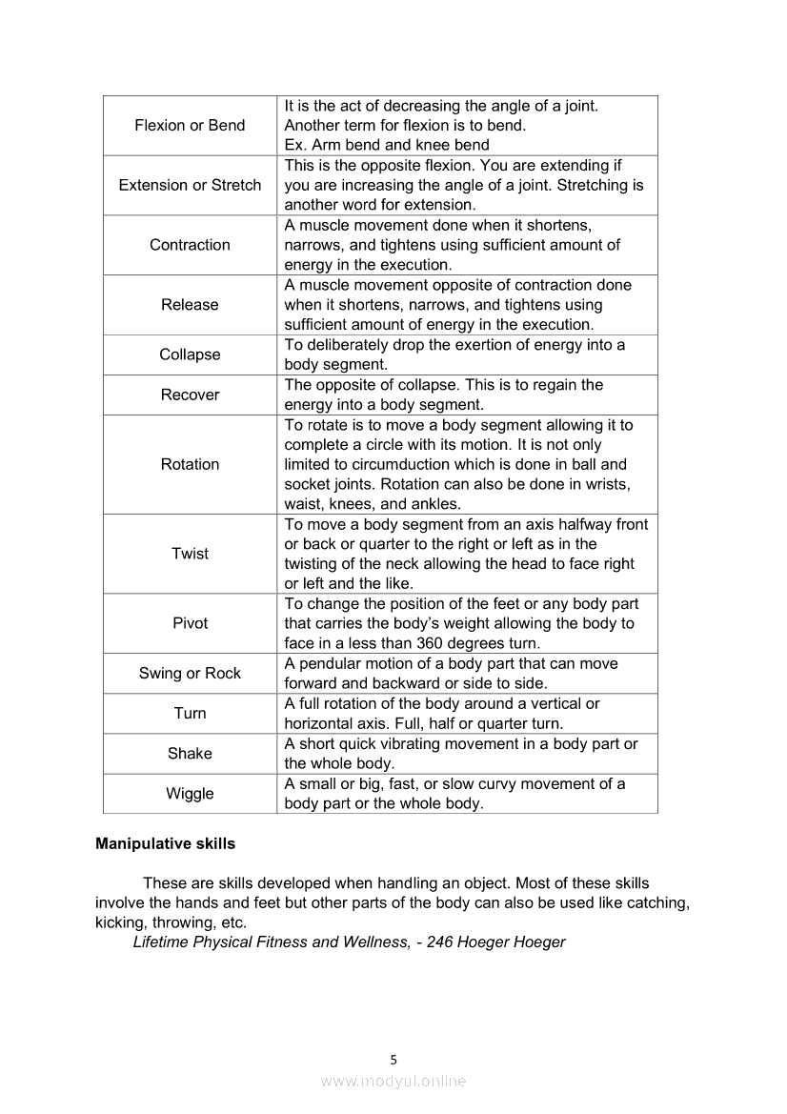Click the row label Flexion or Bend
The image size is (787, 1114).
coord(190,126)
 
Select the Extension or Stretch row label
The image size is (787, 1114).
coord(190,185)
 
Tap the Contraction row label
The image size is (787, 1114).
coord(190,245)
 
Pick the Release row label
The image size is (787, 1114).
coord(190,305)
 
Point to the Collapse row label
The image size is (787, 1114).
coord(190,354)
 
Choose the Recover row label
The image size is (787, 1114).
coord(190,395)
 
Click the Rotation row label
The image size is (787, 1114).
coord(190,464)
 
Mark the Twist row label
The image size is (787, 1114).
coord(190,554)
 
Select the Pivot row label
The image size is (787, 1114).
coord(190,623)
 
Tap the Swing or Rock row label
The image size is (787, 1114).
coord(190,673)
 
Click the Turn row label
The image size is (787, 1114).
coord(190,713)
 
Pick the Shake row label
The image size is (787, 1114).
coord(190,753)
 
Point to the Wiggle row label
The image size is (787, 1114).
coord(190,793)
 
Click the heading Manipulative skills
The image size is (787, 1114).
coord(165,843)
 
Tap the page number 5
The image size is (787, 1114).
coord(393,1059)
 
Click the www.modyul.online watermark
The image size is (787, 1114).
coord(393,1081)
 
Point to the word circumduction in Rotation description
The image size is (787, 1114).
coord(430,465)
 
